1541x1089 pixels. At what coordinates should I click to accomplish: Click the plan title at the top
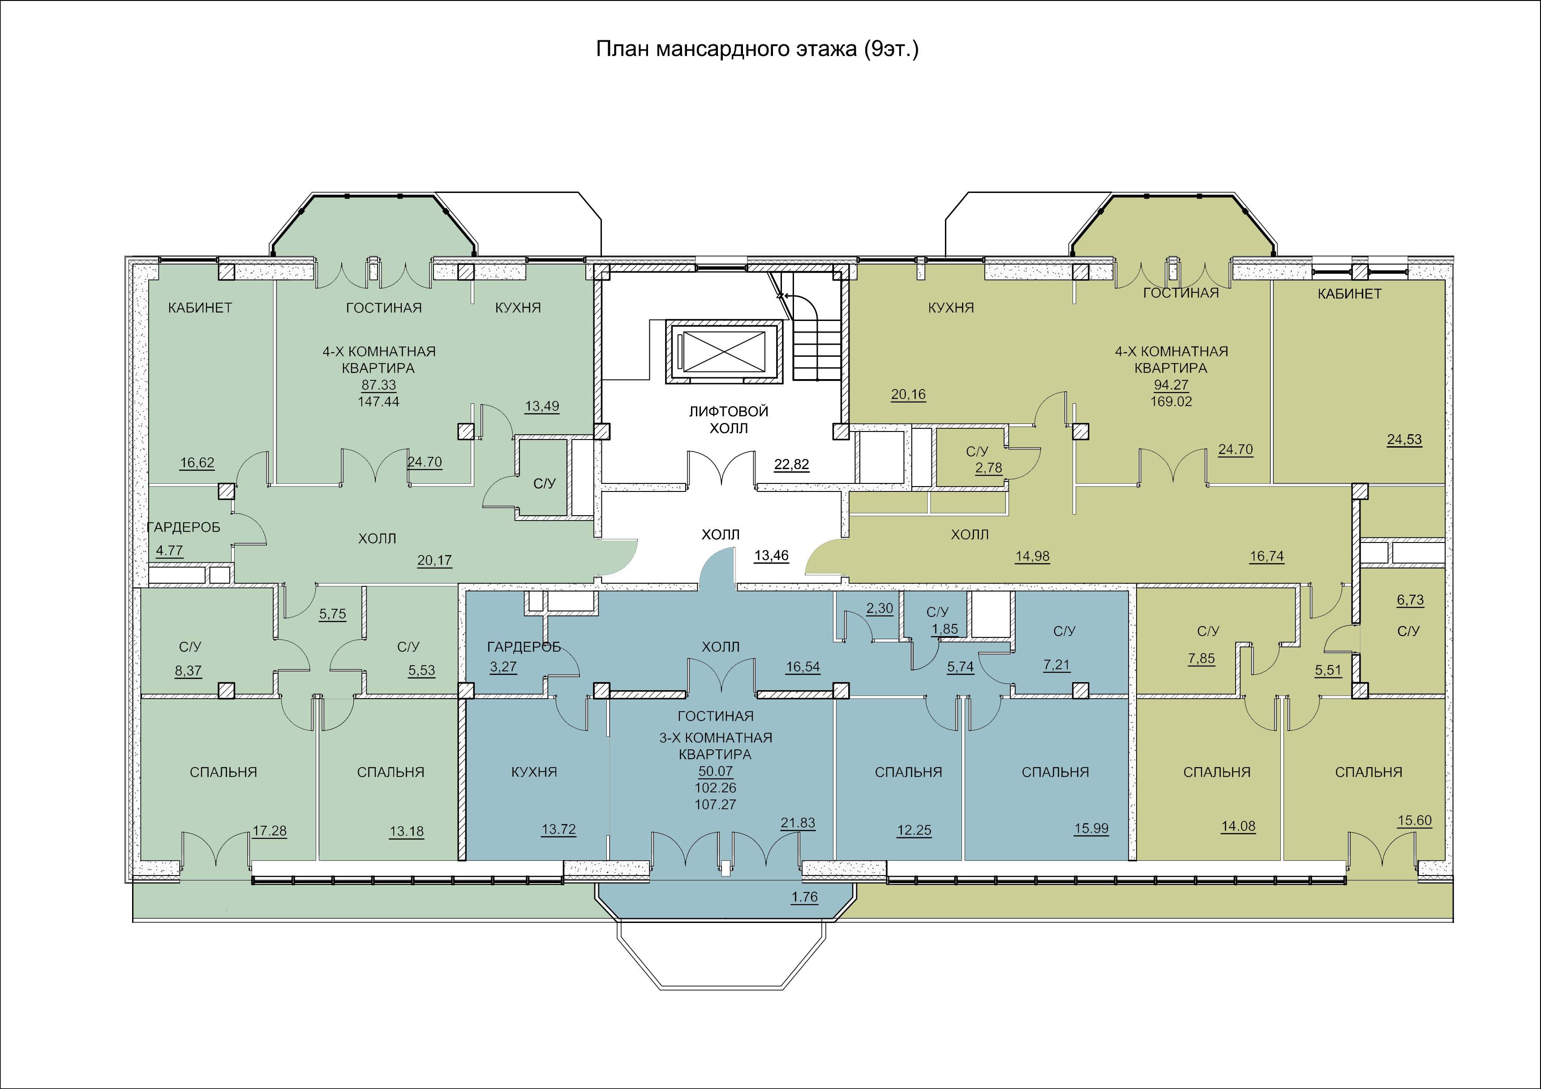[757, 49]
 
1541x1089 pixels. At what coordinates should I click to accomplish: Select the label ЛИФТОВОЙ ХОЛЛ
[728, 419]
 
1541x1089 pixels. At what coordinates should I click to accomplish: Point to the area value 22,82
[791, 464]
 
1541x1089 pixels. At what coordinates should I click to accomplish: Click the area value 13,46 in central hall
[771, 555]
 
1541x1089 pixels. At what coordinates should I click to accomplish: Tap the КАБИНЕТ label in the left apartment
[200, 308]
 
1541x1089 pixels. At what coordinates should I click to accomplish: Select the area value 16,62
[197, 463]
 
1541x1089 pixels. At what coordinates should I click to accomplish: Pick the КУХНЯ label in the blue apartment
[534, 772]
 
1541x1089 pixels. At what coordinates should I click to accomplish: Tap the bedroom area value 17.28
[270, 831]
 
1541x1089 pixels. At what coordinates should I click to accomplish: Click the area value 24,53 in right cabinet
[1405, 440]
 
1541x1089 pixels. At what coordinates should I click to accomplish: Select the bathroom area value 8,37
[188, 671]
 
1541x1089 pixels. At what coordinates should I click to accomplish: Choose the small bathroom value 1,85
[945, 629]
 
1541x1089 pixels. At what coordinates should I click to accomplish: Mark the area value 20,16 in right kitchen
[909, 394]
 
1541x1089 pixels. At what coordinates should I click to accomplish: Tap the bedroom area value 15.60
[1415, 820]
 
